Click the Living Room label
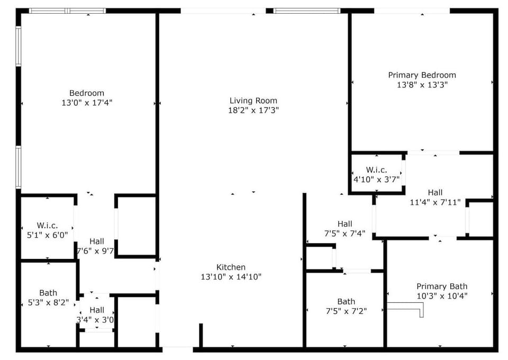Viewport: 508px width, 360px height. [x=253, y=101]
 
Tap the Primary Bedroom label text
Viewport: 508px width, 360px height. [x=422, y=75]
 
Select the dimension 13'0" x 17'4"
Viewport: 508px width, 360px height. [x=87, y=103]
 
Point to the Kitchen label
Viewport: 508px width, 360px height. [x=231, y=267]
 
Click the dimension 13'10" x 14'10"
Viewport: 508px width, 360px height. [x=231, y=276]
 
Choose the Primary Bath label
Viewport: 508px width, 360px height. [x=442, y=286]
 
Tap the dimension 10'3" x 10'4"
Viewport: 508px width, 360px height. [x=442, y=296]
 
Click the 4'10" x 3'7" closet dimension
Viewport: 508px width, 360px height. [x=376, y=179]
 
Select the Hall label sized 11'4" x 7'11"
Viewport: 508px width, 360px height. [x=435, y=192]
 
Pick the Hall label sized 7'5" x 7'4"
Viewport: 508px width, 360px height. [x=344, y=224]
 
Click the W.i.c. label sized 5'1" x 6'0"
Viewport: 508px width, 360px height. [x=47, y=225]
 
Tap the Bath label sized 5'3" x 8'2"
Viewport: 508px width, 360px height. [x=48, y=293]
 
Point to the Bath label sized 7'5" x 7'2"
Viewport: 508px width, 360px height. [x=346, y=302]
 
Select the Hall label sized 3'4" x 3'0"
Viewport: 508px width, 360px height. [x=97, y=310]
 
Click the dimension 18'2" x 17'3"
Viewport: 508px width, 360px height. [x=253, y=110]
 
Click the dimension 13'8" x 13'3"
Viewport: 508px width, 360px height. [x=422, y=85]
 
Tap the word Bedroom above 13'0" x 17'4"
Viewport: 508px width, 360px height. [x=87, y=93]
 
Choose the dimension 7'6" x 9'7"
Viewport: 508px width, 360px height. [x=95, y=251]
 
